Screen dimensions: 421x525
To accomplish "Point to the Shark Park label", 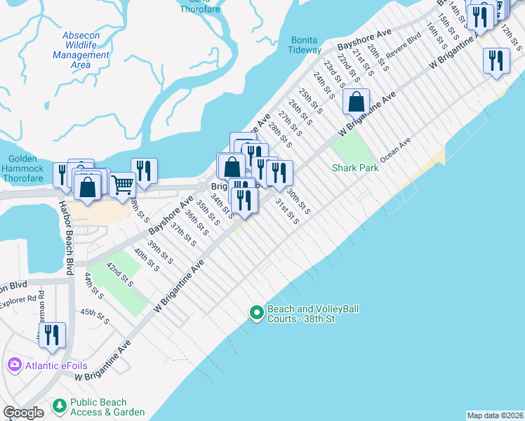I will pyautogui.click(x=355, y=168).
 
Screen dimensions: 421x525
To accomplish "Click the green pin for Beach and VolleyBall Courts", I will pyautogui.click(x=256, y=312).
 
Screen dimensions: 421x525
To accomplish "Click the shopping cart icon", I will pyautogui.click(x=123, y=185).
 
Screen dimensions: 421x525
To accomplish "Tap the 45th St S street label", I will pyautogui.click(x=95, y=316).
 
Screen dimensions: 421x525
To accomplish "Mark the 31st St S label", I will pyautogui.click(x=287, y=210).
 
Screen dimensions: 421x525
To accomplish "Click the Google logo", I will pyautogui.click(x=23, y=413).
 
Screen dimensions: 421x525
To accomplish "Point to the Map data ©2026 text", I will pyautogui.click(x=495, y=415).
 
